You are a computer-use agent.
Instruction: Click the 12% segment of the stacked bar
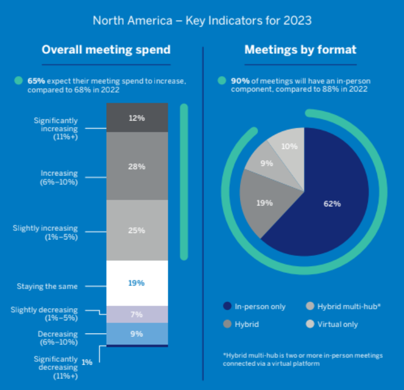137,118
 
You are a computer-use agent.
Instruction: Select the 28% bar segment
137,166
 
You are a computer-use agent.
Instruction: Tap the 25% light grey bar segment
137,230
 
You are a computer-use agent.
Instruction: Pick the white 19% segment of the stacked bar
137,283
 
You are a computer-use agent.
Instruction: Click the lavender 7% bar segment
137,314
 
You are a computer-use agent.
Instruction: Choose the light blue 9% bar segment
137,334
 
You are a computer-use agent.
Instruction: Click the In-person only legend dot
228,306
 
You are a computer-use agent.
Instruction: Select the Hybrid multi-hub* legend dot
310,306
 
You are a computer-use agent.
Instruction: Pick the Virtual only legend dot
310,324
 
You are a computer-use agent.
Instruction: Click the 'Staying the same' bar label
47,286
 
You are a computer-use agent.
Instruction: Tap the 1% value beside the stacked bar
87,362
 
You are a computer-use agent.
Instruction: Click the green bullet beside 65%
19,81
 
